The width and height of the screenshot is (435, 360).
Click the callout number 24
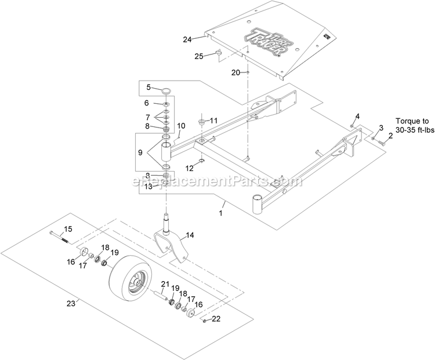[187, 39]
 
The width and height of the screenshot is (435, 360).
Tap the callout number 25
[199, 57]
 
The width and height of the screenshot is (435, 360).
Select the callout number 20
[235, 72]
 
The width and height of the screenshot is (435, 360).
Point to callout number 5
[148, 88]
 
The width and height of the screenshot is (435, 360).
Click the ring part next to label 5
[166, 90]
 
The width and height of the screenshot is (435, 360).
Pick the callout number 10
[181, 125]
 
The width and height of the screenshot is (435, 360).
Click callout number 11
[214, 121]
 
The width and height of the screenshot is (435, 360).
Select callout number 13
[148, 186]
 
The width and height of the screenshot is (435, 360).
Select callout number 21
[165, 283]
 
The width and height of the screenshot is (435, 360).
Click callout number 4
[357, 117]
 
